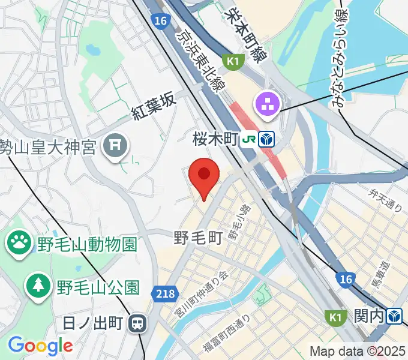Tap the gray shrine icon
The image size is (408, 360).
point(115,145)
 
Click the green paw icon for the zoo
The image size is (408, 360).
point(19,243)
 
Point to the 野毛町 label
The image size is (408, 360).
point(199,238)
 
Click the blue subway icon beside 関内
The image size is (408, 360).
point(394,316)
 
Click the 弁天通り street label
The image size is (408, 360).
point(386,200)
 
